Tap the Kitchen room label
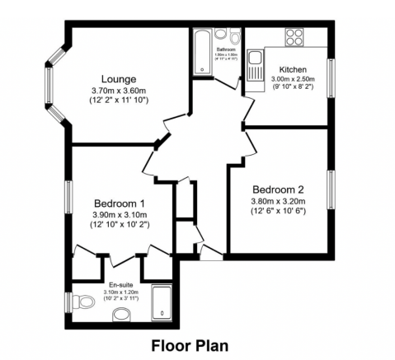(293, 69)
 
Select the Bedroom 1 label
(120, 203)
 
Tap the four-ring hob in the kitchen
(294, 37)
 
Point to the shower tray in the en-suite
(163, 305)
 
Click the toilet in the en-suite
(120, 312)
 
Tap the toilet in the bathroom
(236, 38)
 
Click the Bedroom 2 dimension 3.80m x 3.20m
(278, 200)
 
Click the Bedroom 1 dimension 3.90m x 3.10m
(120, 215)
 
